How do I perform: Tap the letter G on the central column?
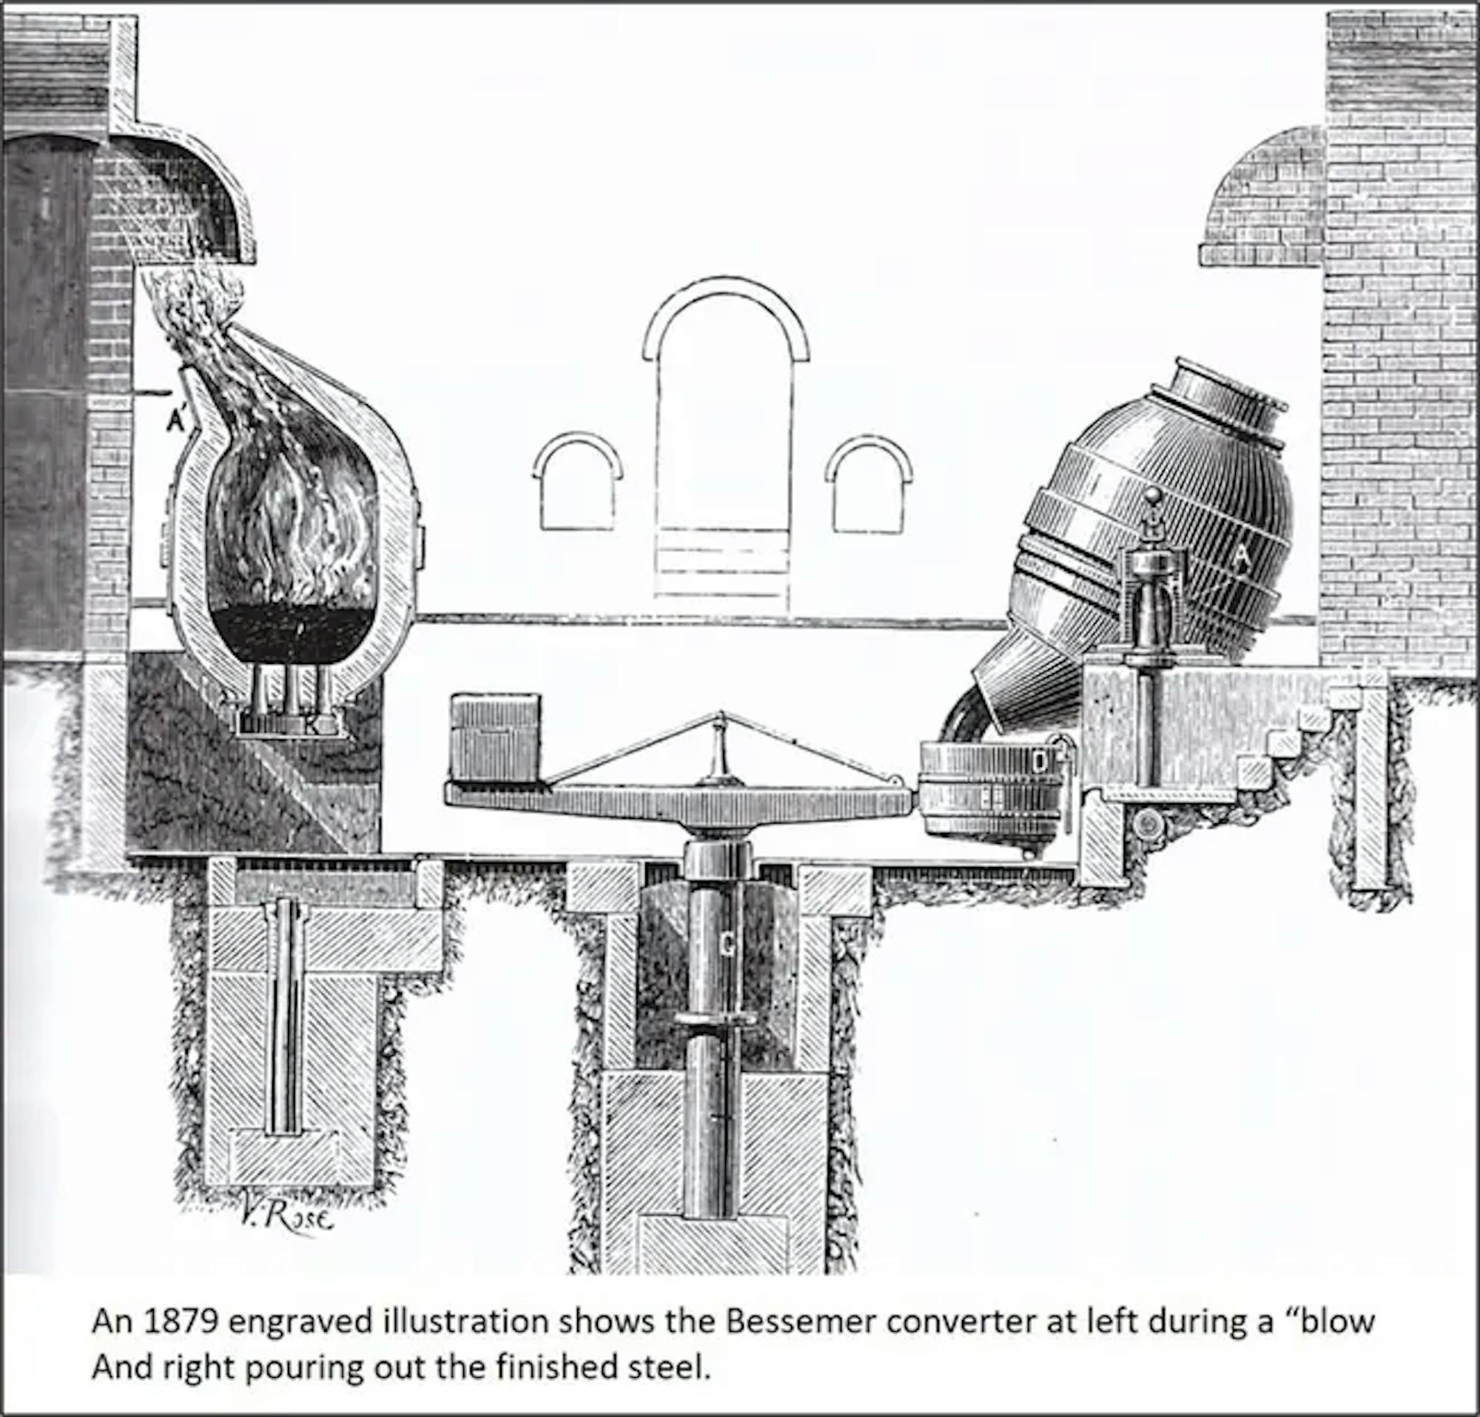(727, 945)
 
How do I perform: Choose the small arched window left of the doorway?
(578, 483)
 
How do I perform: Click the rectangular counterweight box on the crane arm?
(495, 737)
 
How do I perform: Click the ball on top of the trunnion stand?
(1153, 496)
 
